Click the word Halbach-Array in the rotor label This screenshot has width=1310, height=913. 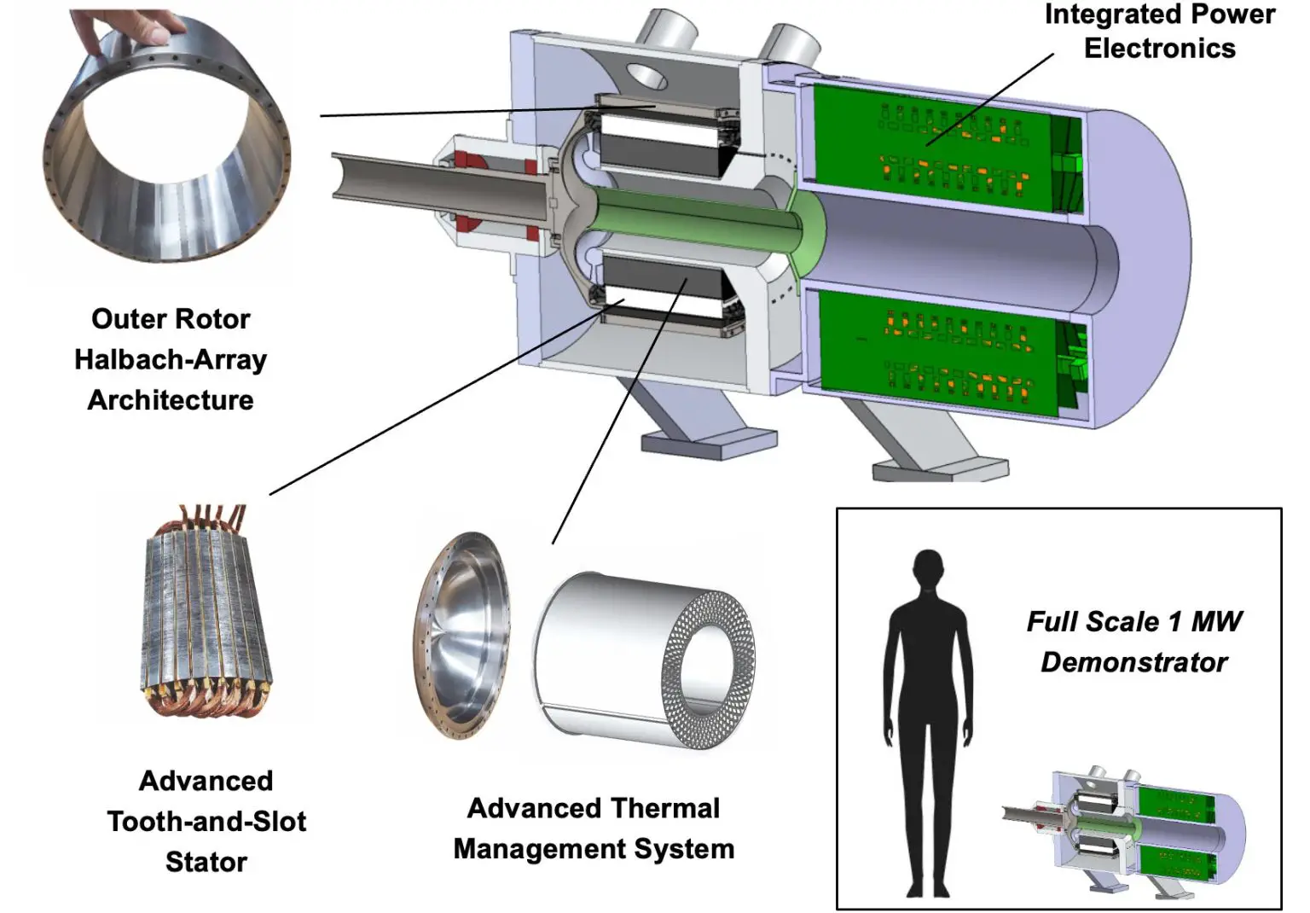[171, 359]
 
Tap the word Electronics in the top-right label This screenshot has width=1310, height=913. [1159, 49]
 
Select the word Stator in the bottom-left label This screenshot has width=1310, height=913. [206, 862]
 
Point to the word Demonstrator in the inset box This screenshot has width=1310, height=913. [1133, 662]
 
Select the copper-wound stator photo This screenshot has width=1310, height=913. [205, 614]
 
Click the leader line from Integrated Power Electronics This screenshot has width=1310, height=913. [989, 98]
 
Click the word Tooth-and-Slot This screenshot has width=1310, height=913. [206, 821]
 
